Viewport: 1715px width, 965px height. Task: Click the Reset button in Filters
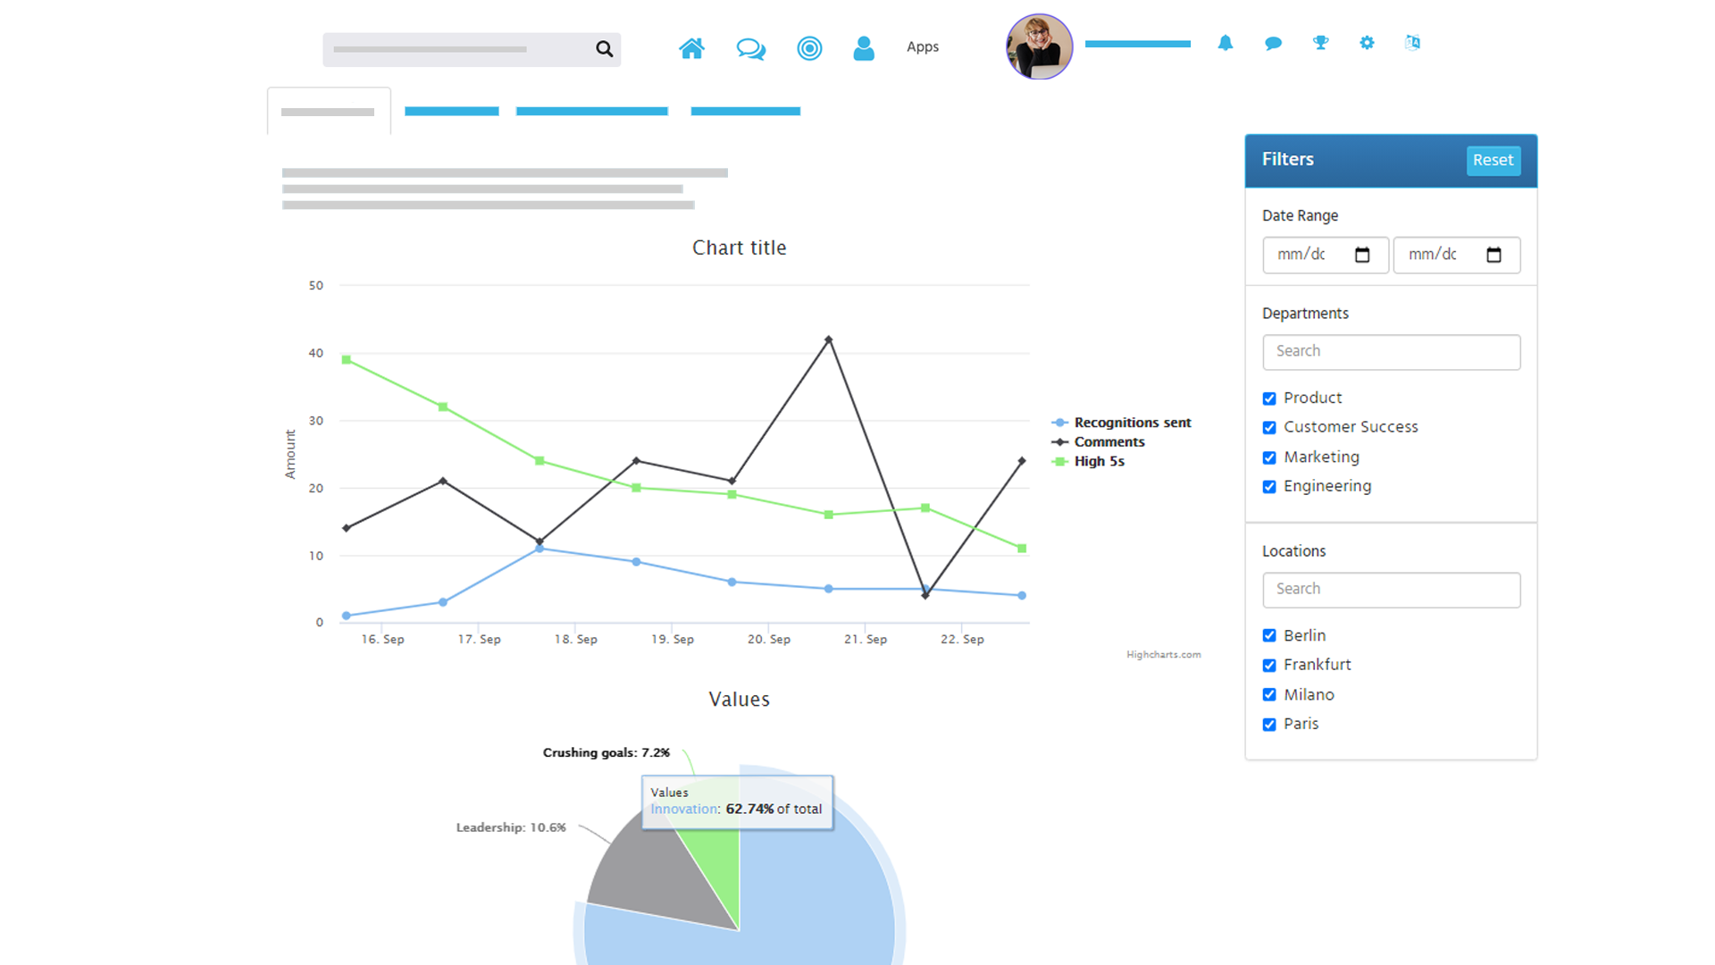tap(1493, 161)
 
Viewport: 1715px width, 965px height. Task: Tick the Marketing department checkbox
tap(1269, 457)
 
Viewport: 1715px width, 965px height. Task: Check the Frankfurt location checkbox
tap(1269, 666)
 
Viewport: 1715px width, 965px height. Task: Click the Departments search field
tap(1391, 352)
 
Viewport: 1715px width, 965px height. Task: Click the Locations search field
tap(1391, 590)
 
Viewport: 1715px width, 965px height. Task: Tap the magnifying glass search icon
tap(605, 49)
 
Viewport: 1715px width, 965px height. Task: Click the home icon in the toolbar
tap(691, 48)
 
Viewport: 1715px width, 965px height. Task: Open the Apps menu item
tap(923, 47)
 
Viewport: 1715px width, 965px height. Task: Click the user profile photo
tap(1039, 47)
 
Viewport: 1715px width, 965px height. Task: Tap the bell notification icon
tap(1226, 43)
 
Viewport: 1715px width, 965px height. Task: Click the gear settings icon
tap(1367, 43)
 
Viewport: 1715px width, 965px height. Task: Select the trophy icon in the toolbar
tap(1320, 43)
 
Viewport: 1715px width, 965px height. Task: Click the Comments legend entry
tap(1108, 442)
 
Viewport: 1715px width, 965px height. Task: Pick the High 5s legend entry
tap(1099, 462)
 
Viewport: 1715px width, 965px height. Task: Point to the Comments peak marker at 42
tap(829, 340)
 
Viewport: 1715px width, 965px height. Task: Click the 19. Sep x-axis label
tap(673, 640)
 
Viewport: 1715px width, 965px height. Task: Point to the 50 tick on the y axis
tap(316, 286)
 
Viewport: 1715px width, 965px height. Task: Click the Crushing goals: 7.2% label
tap(606, 753)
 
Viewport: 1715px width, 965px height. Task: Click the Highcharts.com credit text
tap(1163, 655)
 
